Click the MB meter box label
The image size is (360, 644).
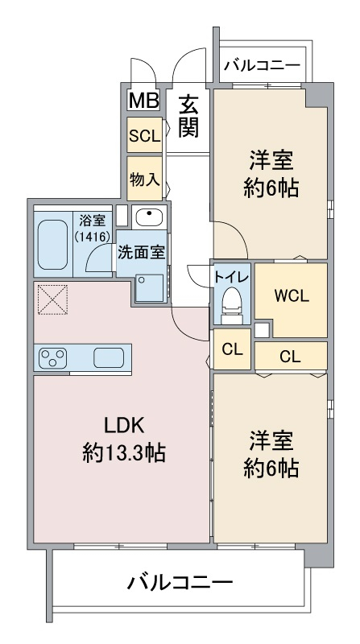click(143, 100)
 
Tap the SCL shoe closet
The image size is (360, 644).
click(144, 135)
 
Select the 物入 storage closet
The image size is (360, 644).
click(144, 178)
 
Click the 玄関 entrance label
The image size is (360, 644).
click(189, 116)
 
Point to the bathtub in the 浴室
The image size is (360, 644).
click(53, 245)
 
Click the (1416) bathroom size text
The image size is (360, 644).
click(92, 236)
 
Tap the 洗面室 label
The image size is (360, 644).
click(142, 253)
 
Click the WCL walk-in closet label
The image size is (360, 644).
click(292, 296)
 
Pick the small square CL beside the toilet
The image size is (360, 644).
click(232, 349)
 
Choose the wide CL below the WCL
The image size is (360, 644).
click(291, 356)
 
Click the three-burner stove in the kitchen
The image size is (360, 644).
click(52, 357)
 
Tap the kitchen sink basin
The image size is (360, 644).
click(109, 357)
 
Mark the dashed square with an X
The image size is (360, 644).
click(52, 299)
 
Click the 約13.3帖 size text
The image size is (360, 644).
click(124, 452)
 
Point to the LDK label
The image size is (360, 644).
click(124, 427)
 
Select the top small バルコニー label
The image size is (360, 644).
click(263, 65)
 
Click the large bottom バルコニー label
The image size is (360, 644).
click(180, 582)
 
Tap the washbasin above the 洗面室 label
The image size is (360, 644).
click(149, 217)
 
